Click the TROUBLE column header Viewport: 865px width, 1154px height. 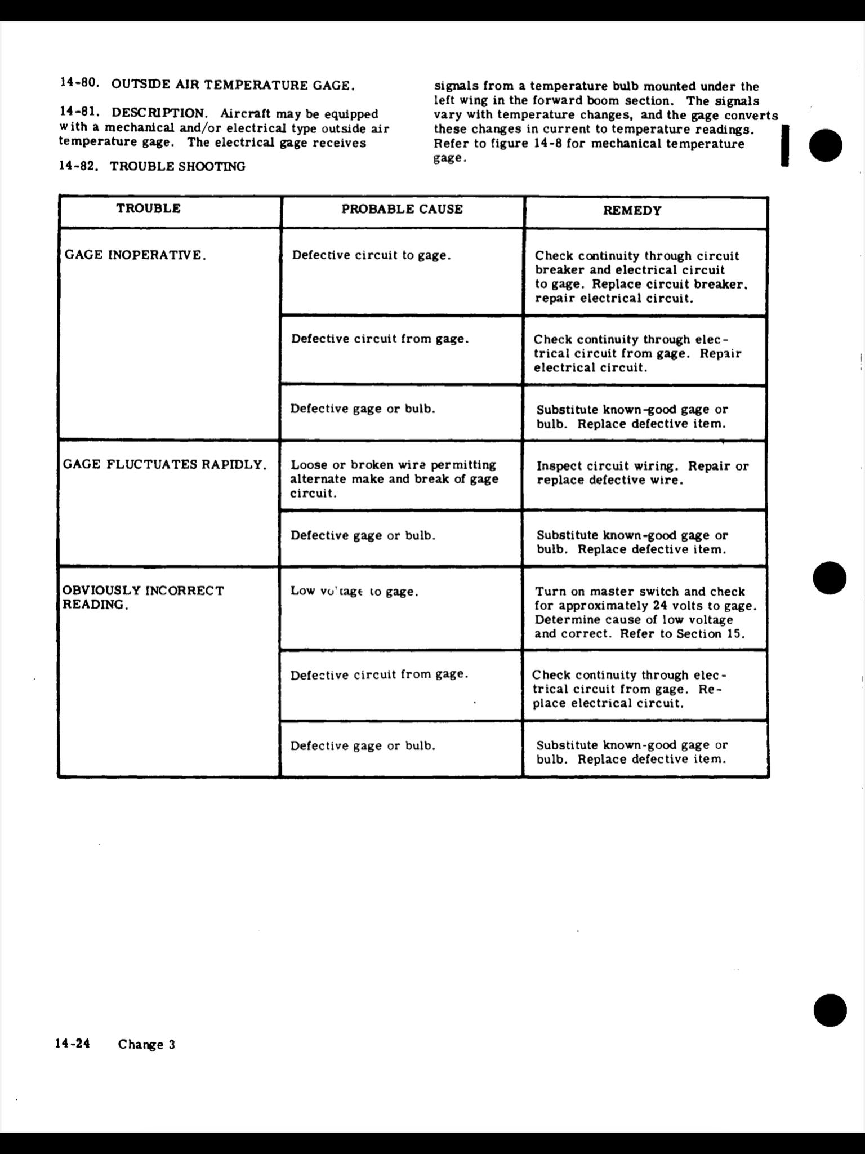[x=149, y=208]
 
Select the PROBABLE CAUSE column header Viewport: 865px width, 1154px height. [x=402, y=210]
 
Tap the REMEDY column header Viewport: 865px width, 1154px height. [x=632, y=211]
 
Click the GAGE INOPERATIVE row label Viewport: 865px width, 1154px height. [x=136, y=255]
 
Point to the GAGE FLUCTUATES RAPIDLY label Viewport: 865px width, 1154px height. [x=164, y=465]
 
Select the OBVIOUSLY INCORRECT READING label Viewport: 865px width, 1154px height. [x=143, y=597]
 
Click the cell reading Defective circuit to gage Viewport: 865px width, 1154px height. [x=371, y=255]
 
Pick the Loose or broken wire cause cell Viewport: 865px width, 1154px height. [x=394, y=479]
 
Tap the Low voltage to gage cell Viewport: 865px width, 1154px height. [x=354, y=592]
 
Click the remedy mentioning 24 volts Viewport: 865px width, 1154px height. [x=645, y=612]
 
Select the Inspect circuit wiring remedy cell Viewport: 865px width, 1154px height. [x=643, y=473]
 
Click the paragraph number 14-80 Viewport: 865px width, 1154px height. [x=80, y=83]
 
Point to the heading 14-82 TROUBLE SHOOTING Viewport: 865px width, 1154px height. [x=152, y=166]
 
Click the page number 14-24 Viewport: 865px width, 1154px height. [x=73, y=1044]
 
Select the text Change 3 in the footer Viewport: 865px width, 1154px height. [x=146, y=1045]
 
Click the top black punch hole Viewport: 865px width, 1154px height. [x=826, y=145]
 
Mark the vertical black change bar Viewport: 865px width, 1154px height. [x=784, y=145]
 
